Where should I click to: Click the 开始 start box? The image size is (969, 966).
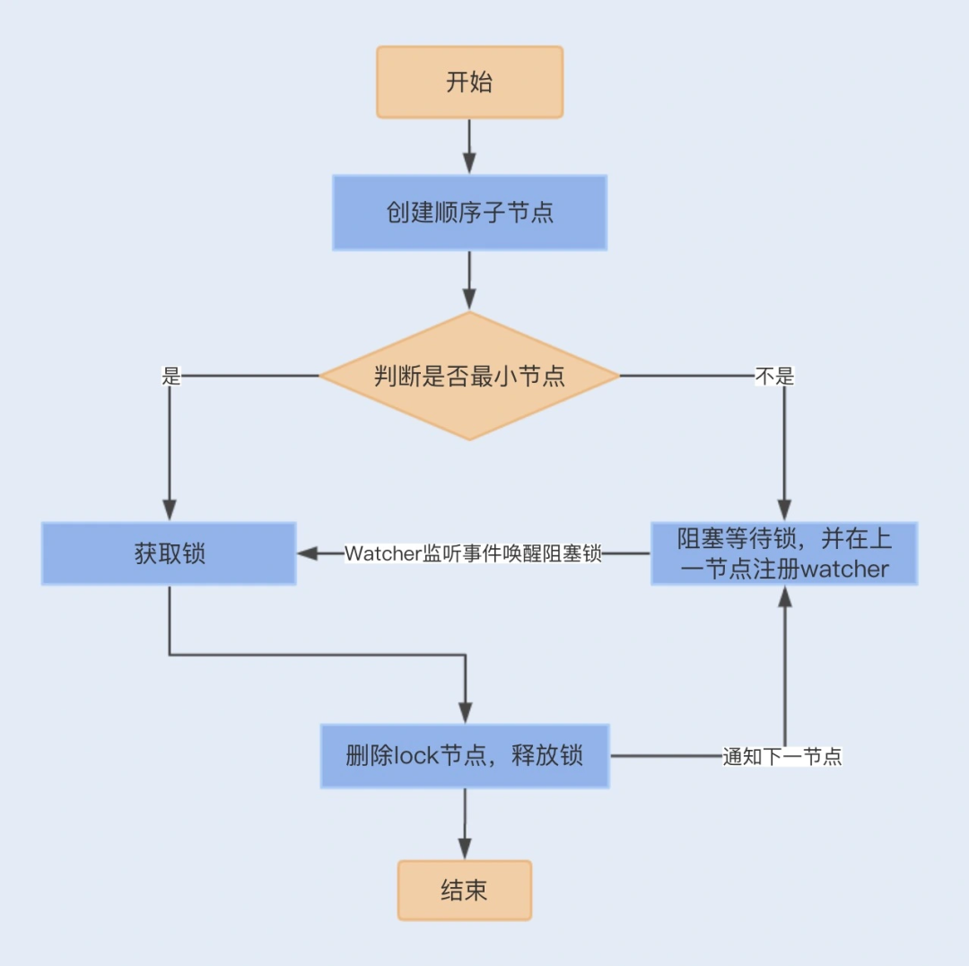[469, 83]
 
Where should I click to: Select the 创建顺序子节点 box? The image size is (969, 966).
[469, 213]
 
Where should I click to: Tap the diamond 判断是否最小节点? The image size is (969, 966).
[469, 376]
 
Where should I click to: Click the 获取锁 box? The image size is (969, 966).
[169, 553]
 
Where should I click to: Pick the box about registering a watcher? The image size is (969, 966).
[784, 553]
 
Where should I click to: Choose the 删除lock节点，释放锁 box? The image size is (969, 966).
[465, 756]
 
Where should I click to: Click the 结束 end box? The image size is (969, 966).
[465, 890]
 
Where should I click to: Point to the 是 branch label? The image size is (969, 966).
[170, 377]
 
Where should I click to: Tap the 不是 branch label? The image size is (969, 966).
[774, 377]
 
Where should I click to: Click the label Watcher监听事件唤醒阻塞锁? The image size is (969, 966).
[473, 554]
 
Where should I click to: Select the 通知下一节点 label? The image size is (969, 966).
[782, 757]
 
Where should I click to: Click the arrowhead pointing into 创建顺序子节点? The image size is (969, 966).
[469, 163]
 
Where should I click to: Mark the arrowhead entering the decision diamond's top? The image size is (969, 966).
[469, 299]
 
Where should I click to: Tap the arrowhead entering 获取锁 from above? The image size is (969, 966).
[169, 509]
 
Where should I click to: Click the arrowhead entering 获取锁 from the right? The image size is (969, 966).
[308, 554]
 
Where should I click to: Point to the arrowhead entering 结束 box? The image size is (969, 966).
[465, 849]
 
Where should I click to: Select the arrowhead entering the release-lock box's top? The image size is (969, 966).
[465, 712]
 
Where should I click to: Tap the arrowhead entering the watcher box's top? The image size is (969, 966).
[785, 509]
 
